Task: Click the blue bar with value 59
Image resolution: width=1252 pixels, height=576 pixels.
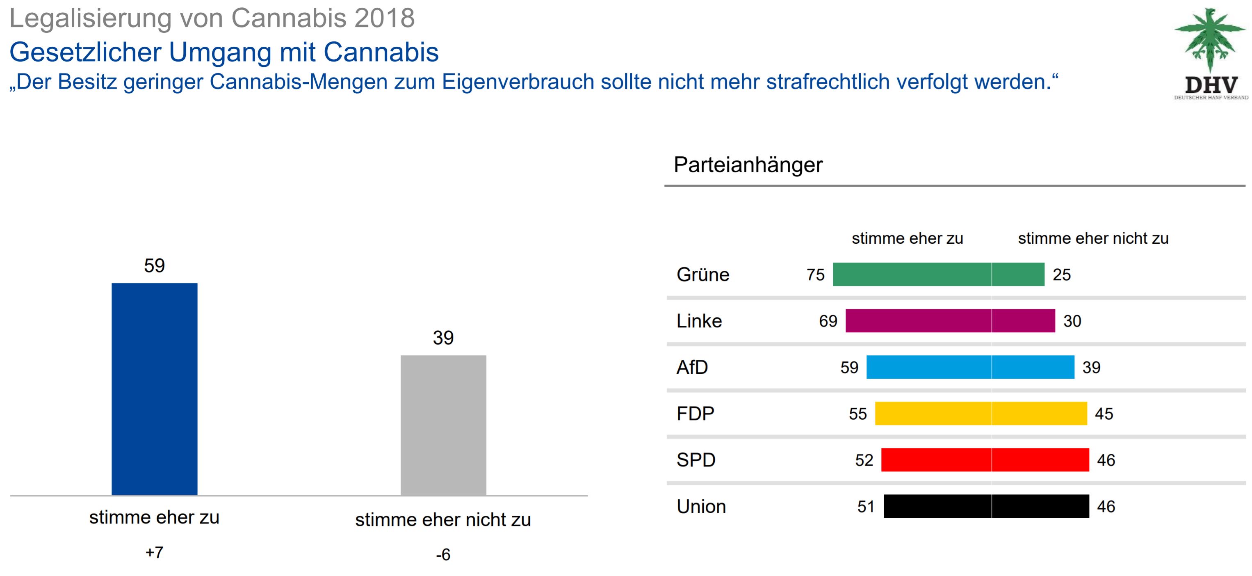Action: (x=155, y=389)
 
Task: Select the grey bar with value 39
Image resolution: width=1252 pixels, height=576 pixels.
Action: (x=443, y=425)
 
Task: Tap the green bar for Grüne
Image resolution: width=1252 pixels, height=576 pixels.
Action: (x=938, y=274)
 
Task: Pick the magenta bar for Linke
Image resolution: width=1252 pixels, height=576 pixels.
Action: (x=950, y=321)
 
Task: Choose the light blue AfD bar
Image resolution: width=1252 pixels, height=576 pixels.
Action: (x=970, y=367)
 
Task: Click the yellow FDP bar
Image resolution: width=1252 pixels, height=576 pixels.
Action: (x=981, y=414)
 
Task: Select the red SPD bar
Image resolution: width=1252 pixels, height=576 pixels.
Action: (x=985, y=460)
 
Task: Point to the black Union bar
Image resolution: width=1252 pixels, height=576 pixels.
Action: (x=986, y=507)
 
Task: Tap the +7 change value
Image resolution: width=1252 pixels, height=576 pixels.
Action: (x=154, y=553)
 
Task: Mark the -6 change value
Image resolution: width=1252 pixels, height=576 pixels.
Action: (x=443, y=555)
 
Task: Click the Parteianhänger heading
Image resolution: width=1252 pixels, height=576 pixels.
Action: (x=748, y=165)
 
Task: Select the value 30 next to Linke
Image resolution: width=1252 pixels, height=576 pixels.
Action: (x=1072, y=321)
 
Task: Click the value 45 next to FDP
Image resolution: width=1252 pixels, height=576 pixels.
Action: (x=1104, y=414)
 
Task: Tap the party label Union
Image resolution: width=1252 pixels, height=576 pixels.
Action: (x=701, y=507)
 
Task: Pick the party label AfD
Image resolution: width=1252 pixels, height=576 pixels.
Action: (x=692, y=368)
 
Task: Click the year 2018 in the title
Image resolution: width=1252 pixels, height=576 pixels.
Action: (x=384, y=18)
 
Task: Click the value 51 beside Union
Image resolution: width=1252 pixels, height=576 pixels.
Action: (x=866, y=507)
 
